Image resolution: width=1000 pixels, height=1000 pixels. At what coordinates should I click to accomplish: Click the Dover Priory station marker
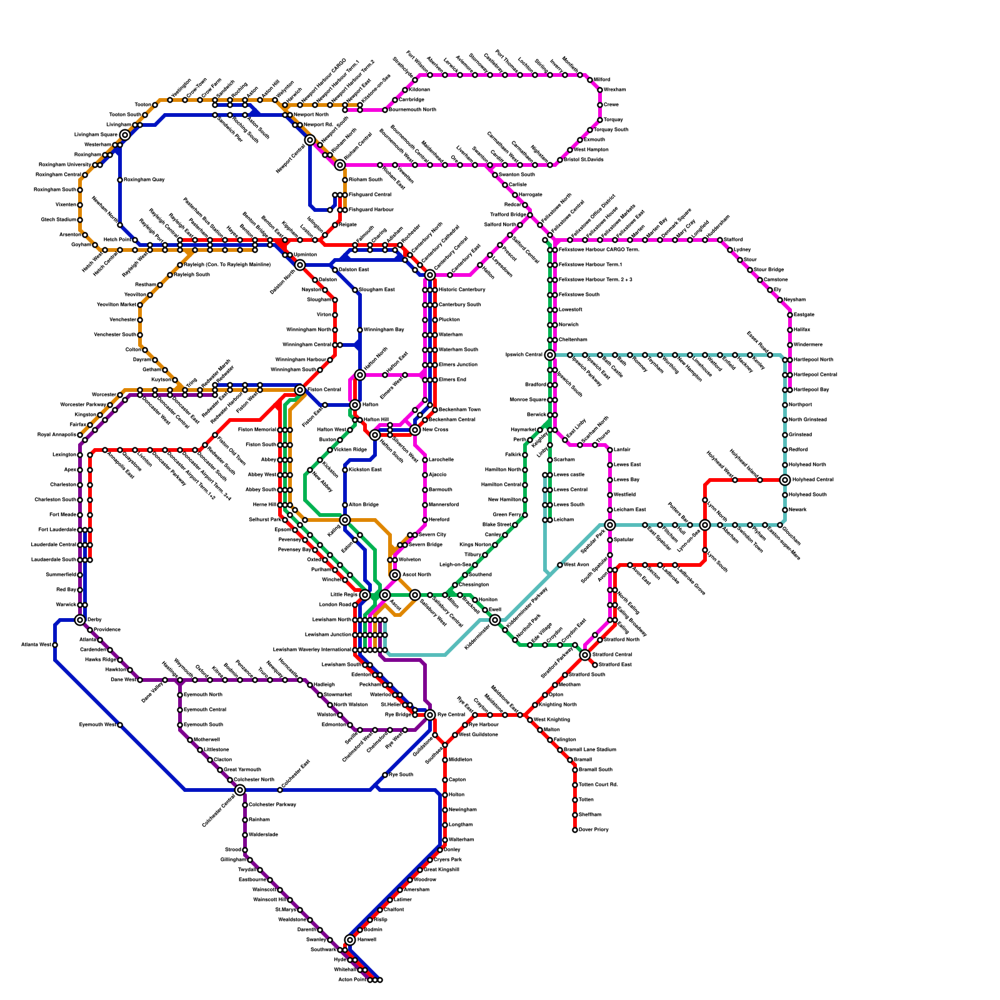[x=575, y=830]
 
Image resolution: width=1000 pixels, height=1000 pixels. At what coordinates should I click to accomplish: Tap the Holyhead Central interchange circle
[x=785, y=480]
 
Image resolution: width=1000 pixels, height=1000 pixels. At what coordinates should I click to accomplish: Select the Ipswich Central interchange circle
[x=550, y=355]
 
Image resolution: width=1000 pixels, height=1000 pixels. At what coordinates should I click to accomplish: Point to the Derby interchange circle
[x=80, y=620]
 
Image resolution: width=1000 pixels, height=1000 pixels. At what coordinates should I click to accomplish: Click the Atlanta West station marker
[x=55, y=645]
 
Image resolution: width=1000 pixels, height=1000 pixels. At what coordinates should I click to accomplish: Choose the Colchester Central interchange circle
[x=240, y=790]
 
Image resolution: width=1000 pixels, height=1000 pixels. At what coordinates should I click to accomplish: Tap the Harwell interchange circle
[x=350, y=940]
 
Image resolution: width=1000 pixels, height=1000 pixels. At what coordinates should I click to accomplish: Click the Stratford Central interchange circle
[x=585, y=655]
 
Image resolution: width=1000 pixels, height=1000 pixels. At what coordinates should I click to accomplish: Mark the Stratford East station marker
[x=595, y=665]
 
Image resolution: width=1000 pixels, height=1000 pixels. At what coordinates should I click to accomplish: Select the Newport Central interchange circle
[x=310, y=140]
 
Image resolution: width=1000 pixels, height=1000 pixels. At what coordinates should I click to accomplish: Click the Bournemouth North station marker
[x=385, y=110]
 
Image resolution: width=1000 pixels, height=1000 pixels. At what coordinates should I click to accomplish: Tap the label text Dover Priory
[x=594, y=830]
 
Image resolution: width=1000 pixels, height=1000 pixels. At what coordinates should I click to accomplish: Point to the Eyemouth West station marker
[x=120, y=725]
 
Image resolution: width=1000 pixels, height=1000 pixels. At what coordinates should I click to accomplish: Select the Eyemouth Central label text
[x=203, y=710]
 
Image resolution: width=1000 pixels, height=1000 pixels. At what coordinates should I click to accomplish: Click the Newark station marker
[x=785, y=510]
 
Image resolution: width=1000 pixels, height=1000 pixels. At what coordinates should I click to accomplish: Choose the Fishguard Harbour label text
[x=371, y=210]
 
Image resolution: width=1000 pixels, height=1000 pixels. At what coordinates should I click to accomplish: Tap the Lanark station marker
[x=610, y=450]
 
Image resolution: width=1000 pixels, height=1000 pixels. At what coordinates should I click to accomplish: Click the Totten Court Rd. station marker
[x=575, y=785]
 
